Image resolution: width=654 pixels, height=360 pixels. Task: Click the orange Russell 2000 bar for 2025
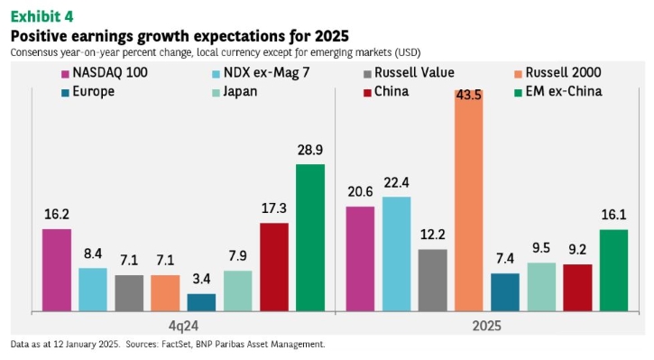tap(469, 200)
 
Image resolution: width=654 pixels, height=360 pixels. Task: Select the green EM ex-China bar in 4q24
tap(310, 238)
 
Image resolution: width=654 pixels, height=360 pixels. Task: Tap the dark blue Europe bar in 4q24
tap(201, 302)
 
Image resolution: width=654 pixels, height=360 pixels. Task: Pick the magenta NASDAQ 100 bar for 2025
tap(360, 259)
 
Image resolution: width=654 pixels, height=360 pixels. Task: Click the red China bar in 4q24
tap(274, 267)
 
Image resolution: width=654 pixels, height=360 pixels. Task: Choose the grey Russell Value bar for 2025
tap(432, 281)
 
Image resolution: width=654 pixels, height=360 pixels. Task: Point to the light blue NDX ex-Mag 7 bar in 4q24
tap(93, 290)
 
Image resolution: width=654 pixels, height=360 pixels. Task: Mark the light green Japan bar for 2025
tap(541, 287)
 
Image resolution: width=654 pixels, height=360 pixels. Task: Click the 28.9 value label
tap(310, 150)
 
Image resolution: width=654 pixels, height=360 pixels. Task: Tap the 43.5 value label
tap(469, 95)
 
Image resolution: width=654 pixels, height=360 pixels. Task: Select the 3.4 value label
tap(201, 279)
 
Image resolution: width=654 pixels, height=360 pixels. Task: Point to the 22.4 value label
tap(396, 183)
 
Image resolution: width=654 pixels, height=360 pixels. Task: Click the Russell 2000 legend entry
tap(558, 72)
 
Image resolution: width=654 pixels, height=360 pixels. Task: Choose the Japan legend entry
tap(235, 92)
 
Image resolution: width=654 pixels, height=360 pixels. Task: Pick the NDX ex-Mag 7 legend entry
tap(261, 72)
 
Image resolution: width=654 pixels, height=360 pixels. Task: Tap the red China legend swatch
tap(367, 93)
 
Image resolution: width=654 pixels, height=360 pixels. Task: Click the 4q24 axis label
tap(183, 326)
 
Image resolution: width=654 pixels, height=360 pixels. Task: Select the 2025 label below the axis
tap(487, 326)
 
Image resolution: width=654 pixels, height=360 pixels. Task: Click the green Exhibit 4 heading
tap(41, 16)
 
